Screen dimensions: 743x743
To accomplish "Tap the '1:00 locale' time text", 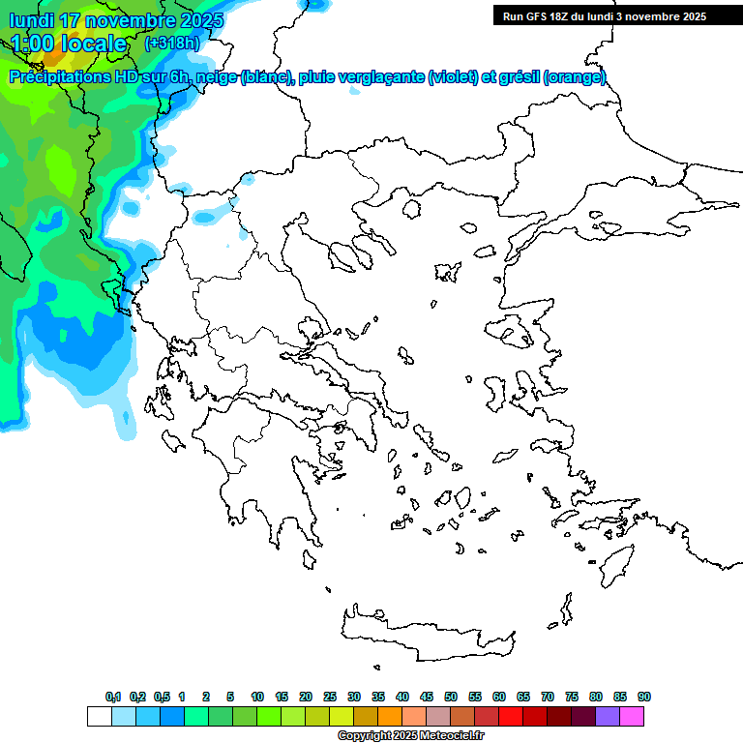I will click(x=70, y=44).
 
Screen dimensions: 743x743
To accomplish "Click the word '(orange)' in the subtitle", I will click(x=575, y=77).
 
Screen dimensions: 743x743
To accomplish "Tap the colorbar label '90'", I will click(x=644, y=697).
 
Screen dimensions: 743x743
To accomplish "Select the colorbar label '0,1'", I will click(x=113, y=697).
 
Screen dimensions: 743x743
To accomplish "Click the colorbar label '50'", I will click(x=451, y=697).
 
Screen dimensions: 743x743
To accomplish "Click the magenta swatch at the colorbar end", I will click(x=633, y=716).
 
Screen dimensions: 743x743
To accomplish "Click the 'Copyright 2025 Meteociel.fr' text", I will click(x=411, y=736).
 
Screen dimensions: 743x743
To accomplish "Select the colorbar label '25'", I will click(x=330, y=697).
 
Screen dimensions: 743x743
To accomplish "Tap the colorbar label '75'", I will click(x=572, y=697).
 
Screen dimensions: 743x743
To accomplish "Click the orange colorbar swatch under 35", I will click(x=390, y=716).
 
